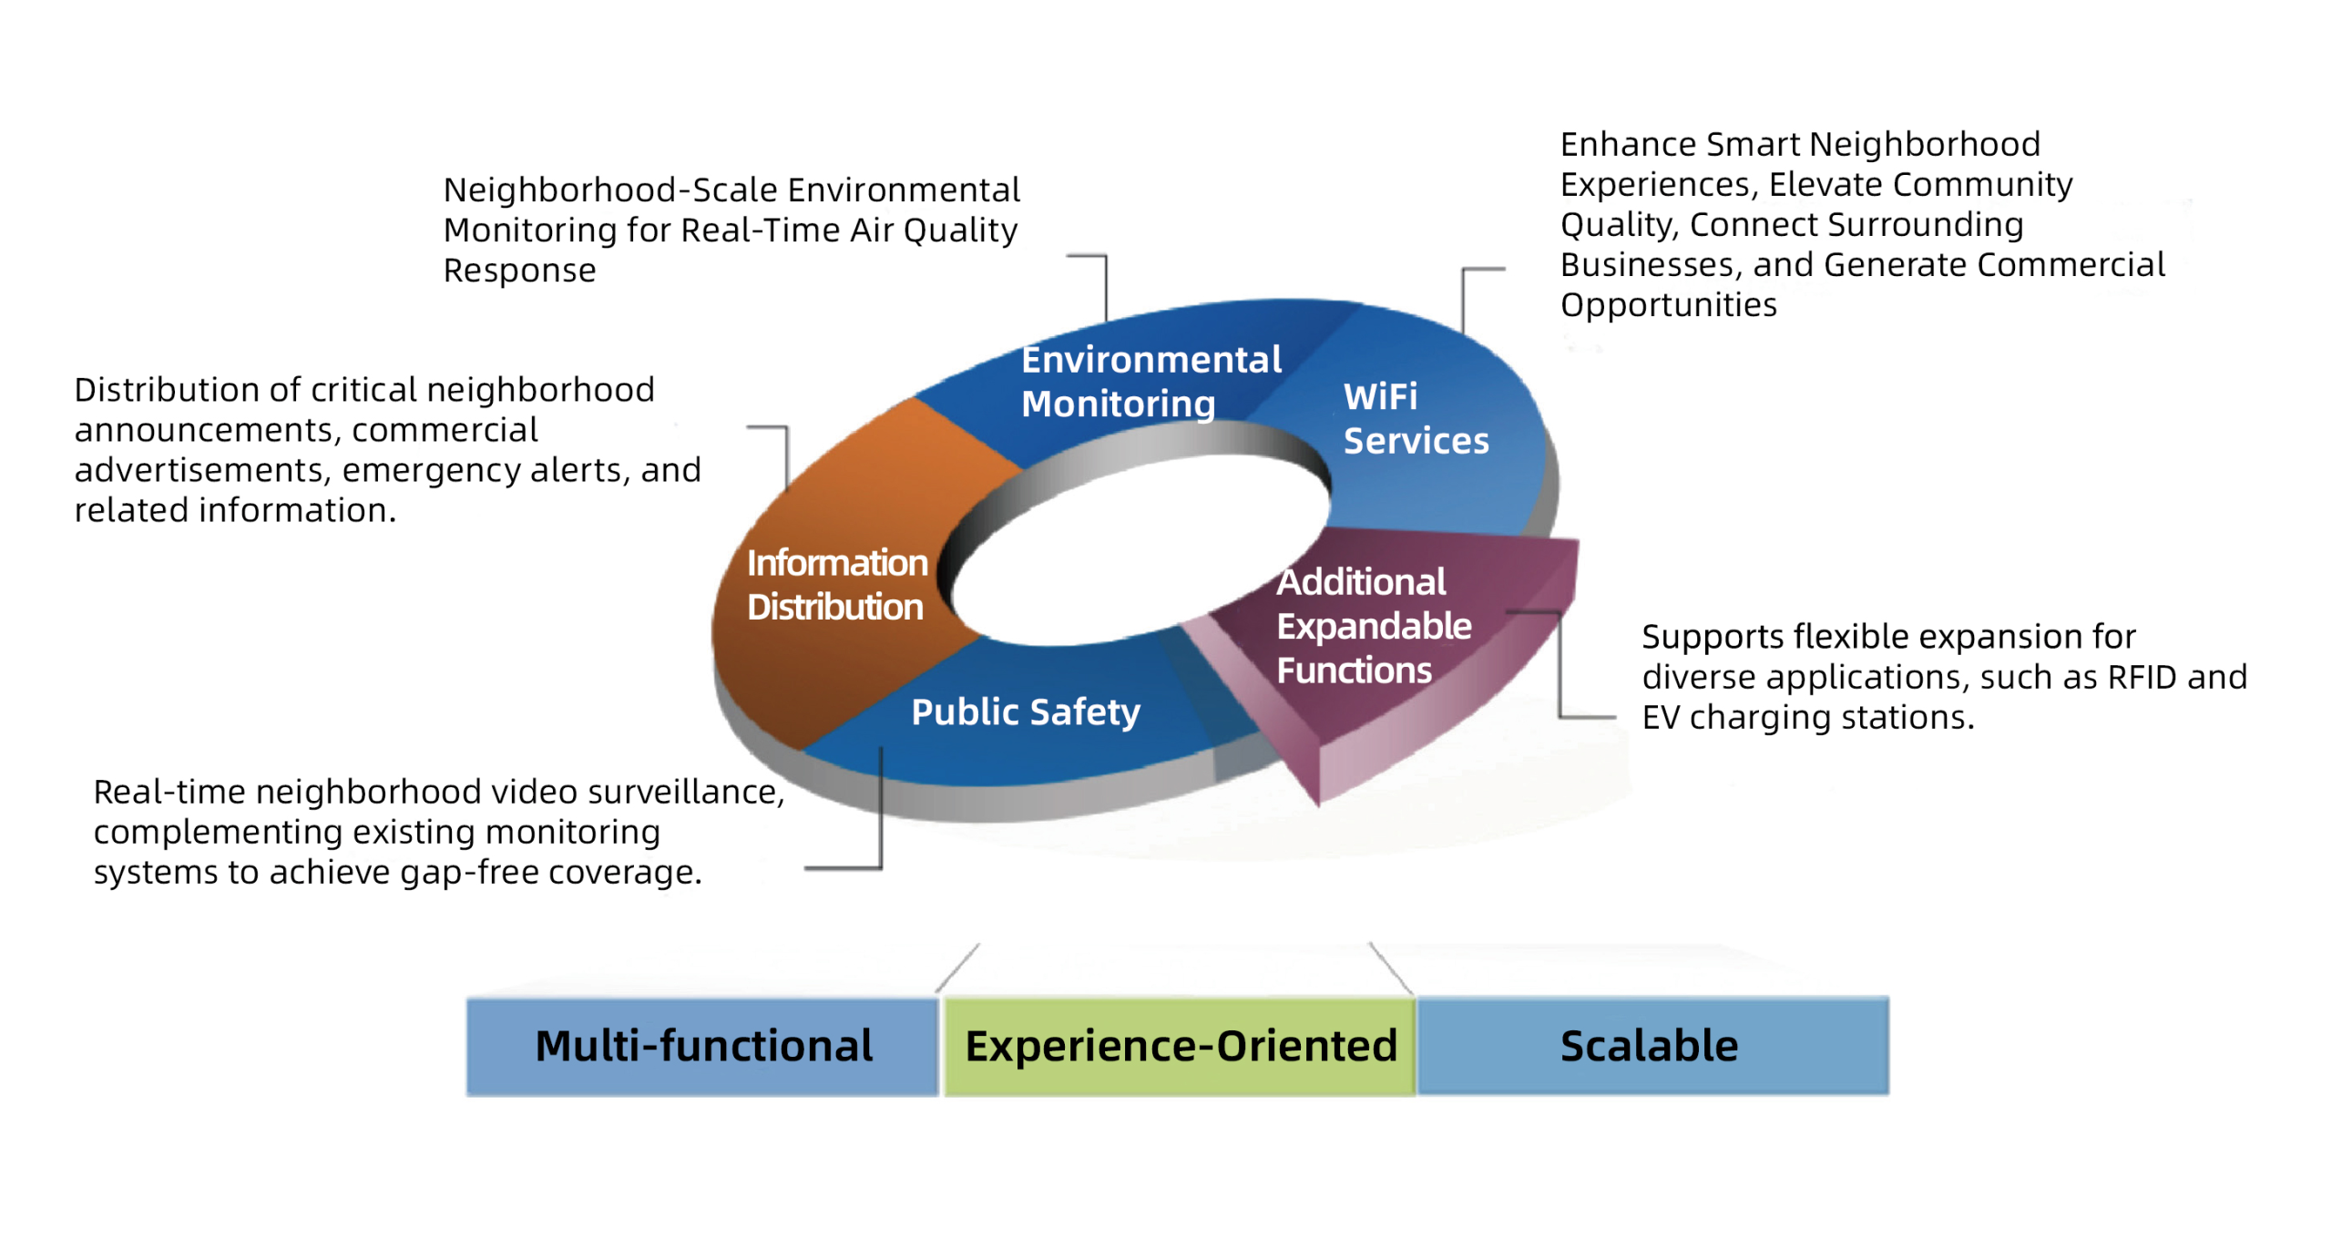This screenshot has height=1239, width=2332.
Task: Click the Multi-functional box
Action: (x=701, y=1045)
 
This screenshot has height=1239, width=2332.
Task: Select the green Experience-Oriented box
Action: (x=1180, y=1045)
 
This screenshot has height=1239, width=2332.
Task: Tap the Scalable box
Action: (x=1652, y=1045)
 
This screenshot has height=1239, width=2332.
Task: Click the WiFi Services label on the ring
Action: (x=1416, y=418)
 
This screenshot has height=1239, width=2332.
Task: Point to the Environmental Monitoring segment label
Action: (x=1151, y=381)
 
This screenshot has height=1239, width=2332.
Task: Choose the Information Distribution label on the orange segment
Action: (x=837, y=584)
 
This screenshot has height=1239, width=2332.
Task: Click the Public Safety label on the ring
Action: (x=1026, y=712)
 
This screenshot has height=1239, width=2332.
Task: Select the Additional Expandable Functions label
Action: (x=1374, y=626)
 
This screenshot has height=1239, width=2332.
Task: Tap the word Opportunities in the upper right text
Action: (x=1669, y=304)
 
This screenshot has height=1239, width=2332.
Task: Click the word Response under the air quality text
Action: (x=519, y=271)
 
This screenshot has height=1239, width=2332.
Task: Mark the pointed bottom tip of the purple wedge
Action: (x=1318, y=805)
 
